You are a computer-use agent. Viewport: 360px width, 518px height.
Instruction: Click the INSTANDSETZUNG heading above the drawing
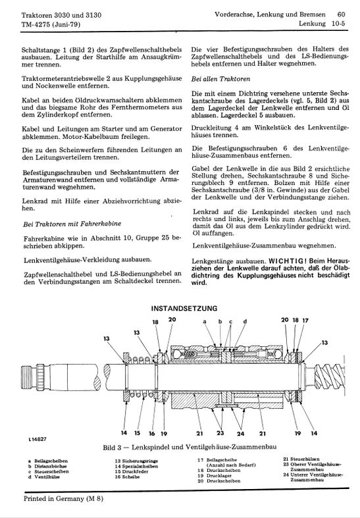tap(184, 309)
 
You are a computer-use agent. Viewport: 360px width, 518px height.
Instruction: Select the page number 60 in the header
tap(341, 14)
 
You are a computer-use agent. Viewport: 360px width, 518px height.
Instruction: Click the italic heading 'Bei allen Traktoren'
tap(220, 79)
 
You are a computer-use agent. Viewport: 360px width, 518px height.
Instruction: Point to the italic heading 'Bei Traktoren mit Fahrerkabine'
tap(72, 224)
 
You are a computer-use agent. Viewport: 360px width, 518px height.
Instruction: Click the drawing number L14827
tap(37, 439)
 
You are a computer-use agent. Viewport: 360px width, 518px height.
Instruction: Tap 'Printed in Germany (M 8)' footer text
tap(63, 498)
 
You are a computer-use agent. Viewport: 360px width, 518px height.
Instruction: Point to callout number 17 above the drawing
tap(305, 320)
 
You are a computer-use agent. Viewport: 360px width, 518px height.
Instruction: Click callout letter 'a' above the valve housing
tap(205, 321)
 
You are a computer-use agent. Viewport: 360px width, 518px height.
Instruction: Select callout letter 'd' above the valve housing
tap(245, 321)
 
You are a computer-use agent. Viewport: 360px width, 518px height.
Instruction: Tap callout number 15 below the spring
tap(137, 433)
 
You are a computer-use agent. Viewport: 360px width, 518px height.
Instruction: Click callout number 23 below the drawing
tap(220, 433)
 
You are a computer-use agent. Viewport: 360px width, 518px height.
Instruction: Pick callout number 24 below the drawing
tap(240, 434)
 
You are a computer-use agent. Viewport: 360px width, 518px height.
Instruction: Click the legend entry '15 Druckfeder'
tap(132, 472)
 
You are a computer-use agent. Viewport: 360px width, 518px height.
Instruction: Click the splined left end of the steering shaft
tap(32, 378)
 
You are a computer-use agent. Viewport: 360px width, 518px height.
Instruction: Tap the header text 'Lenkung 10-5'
tap(322, 24)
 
